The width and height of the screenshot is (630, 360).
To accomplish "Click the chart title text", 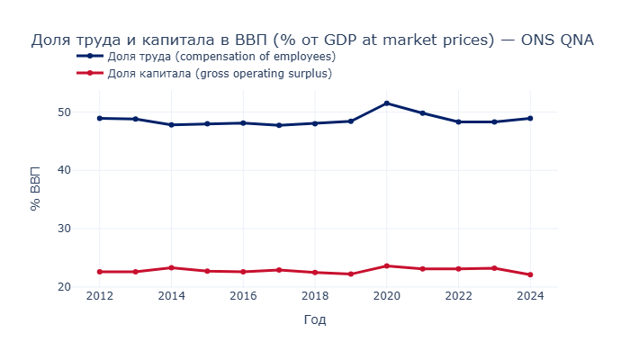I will pos(312,40).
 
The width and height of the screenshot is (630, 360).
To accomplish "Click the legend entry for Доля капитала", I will pos(219,74).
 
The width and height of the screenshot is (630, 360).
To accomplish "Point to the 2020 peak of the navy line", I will pos(387,103).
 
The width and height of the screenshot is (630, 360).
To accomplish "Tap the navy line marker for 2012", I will pos(100,118).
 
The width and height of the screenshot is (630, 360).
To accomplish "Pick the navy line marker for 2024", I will pos(530,118).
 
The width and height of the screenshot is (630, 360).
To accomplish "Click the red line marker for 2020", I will pos(387,265).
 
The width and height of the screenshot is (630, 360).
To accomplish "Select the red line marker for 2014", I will pos(172,267).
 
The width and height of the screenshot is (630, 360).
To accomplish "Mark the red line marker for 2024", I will pos(530,274).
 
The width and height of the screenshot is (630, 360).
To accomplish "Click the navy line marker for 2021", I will pos(423,113).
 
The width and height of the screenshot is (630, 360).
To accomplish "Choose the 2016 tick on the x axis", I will pos(243,296).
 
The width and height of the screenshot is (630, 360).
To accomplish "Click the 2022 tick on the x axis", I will pos(458,296).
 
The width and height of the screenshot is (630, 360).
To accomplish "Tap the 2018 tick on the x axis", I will pos(315,296).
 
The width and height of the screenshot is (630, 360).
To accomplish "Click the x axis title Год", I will pos(315,319).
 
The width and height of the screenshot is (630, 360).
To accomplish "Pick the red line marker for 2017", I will pos(279,270).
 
